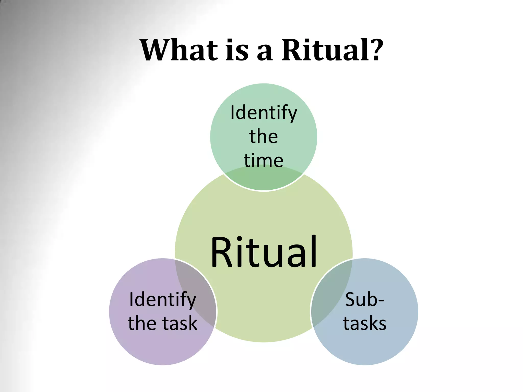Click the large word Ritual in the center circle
coord(264,252)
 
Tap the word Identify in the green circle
coord(264,113)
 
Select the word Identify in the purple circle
coord(163,300)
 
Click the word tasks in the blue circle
coord(364,323)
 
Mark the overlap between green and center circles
coord(264,179)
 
